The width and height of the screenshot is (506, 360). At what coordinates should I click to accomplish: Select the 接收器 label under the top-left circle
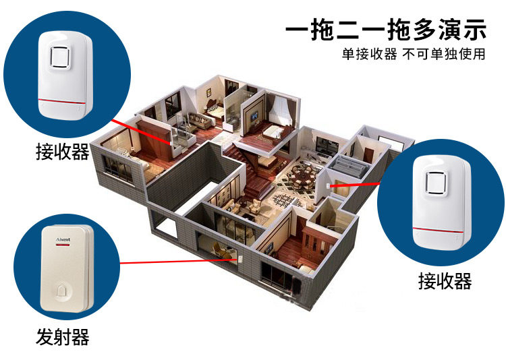62,152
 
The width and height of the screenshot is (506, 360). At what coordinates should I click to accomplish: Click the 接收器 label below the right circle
445,280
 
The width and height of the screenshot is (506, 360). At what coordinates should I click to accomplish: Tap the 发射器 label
62,336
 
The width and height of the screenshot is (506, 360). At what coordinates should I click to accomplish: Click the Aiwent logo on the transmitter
55,238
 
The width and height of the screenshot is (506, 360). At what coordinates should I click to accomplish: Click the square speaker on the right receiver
437,182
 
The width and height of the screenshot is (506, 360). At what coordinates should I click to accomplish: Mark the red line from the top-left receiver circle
145,135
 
